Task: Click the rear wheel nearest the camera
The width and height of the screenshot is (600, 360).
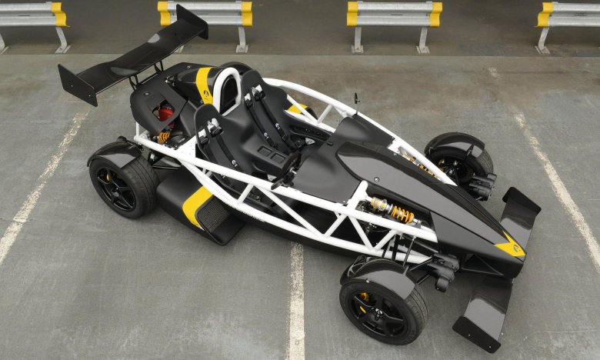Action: pyautogui.click(x=123, y=185)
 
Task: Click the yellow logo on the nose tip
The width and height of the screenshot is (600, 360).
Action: pyautogui.click(x=510, y=247)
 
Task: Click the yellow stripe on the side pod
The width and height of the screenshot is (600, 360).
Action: pyautogui.click(x=197, y=204)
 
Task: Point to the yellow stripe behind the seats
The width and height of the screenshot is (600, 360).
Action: pyautogui.click(x=204, y=83)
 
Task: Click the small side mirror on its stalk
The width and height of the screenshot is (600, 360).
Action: pyautogui.click(x=356, y=98)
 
